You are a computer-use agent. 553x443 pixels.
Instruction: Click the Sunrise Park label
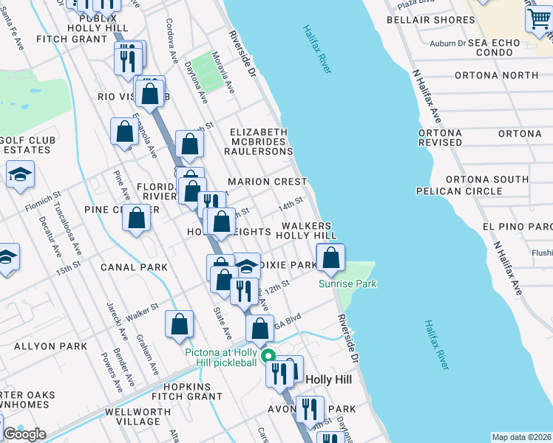pyautogui.click(x=347, y=284)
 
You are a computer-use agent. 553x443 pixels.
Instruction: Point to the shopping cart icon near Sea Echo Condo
pyautogui.click(x=538, y=20)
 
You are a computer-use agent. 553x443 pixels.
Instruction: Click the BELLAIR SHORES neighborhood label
pyautogui.click(x=420, y=20)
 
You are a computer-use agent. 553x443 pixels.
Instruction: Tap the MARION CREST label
pyautogui.click(x=267, y=182)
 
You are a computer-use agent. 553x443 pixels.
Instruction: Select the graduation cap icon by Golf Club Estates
pyautogui.click(x=20, y=176)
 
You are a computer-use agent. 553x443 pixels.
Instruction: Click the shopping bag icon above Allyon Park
pyautogui.click(x=179, y=324)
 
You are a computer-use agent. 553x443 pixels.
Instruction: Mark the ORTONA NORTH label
pyautogui.click(x=496, y=75)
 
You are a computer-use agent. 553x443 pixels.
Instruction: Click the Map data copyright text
pyautogui.click(x=521, y=437)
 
